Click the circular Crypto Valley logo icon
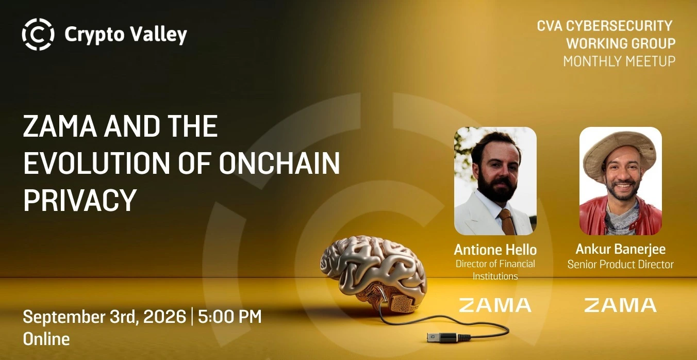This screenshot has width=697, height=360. pos(38,34)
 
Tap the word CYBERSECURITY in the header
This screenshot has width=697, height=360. pos(619,26)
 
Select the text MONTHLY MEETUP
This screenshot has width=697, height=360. pos(619,61)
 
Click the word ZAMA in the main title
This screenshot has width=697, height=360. pos(60,126)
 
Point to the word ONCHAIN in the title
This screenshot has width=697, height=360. pos(279,163)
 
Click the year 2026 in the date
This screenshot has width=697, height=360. pos(165,316)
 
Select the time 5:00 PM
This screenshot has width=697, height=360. pos(230,316)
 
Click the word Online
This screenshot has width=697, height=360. pos(46,339)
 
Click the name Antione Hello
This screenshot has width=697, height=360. pos(495,250)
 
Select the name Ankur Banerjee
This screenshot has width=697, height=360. pos(621,249)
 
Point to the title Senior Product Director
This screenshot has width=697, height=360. pos(621,265)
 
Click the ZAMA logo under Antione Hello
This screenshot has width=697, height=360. pos(495,305)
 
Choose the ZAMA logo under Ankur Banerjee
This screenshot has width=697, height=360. pos(621,305)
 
